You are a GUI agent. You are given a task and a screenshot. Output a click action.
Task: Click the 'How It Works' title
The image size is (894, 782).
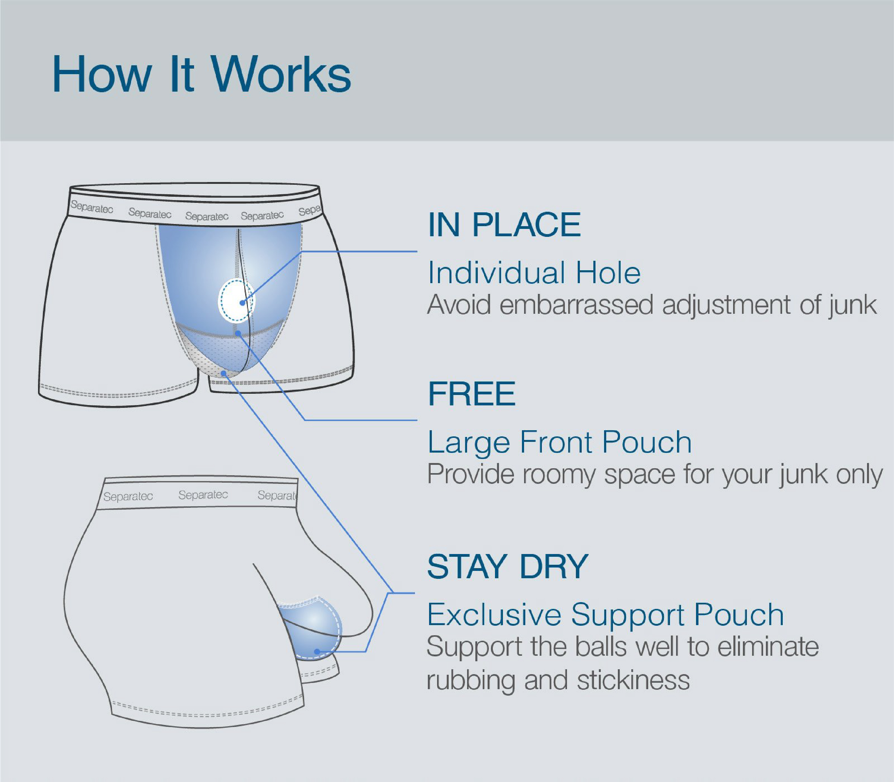click(201, 74)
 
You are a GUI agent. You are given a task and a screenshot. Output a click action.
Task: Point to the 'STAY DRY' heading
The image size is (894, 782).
click(508, 566)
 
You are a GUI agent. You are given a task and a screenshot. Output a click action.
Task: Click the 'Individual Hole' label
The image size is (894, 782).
click(534, 273)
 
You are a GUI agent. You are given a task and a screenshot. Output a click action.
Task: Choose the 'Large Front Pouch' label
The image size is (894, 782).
click(560, 442)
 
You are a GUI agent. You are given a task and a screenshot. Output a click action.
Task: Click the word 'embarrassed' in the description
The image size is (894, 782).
click(576, 304)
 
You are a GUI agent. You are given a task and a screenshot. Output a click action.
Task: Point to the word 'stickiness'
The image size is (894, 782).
click(633, 680)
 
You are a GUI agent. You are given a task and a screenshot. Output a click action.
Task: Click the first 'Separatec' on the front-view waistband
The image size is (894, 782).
click(92, 207)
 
